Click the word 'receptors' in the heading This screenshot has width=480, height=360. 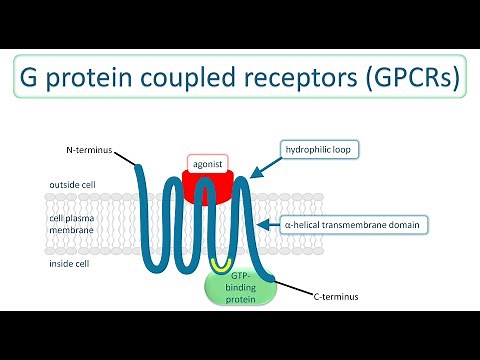coord(305,76)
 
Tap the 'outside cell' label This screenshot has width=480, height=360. coord(73,185)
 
